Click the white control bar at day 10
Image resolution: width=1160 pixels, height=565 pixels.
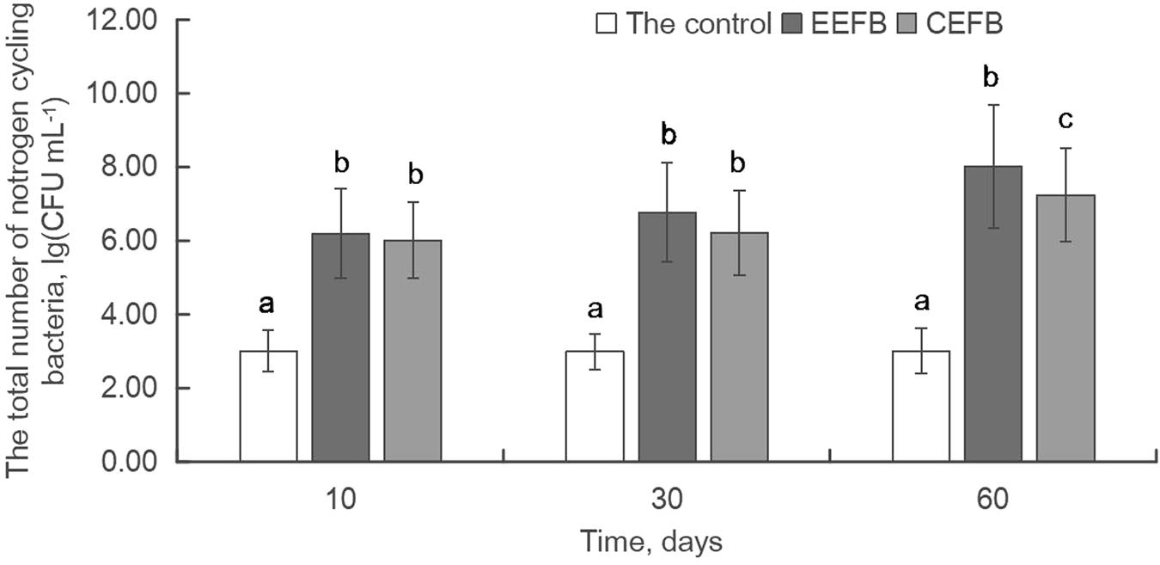tap(268, 407)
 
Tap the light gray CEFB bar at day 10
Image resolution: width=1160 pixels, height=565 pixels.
tap(412, 352)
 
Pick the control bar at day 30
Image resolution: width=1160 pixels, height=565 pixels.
tap(595, 407)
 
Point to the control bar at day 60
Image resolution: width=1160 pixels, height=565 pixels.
tap(921, 407)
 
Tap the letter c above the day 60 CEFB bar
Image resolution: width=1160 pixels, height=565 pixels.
tap(1065, 120)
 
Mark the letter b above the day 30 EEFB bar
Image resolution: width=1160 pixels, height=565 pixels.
tap(667, 135)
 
